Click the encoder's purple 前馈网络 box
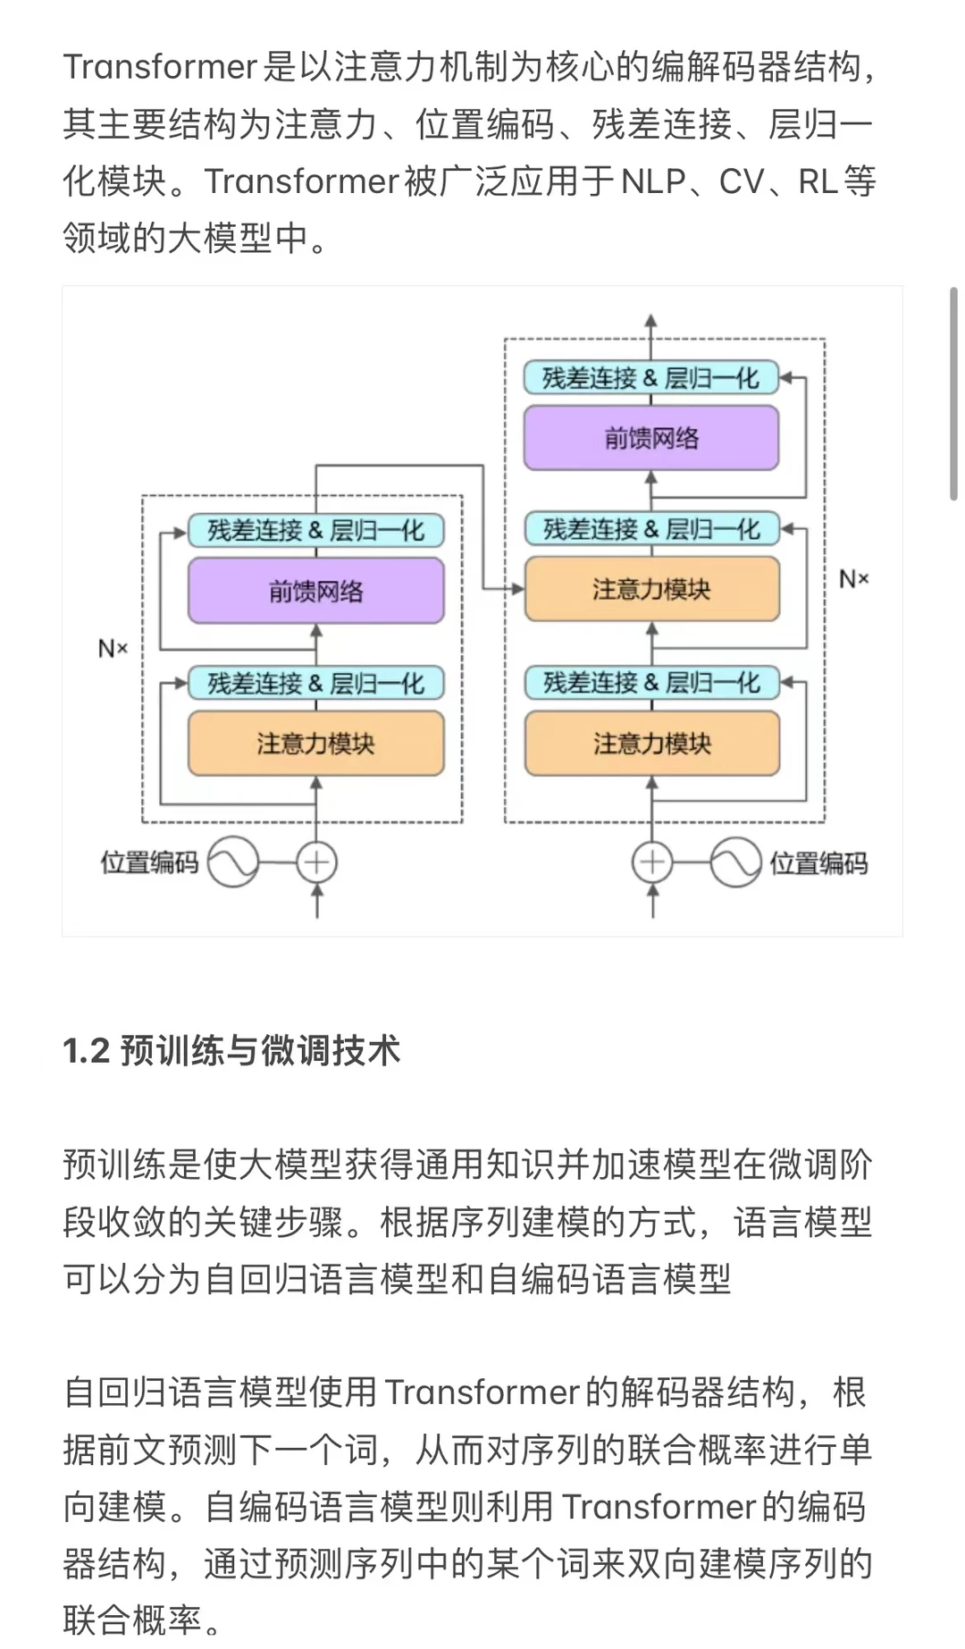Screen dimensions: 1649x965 (x=315, y=591)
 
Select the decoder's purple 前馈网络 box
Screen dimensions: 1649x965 (x=651, y=438)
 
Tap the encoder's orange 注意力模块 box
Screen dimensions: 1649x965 (x=315, y=743)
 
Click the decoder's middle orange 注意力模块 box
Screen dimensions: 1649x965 (x=651, y=589)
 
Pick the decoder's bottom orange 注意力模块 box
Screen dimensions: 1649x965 (x=651, y=743)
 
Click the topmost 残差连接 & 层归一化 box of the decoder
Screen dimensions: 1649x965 (x=651, y=378)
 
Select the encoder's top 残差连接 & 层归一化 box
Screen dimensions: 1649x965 (x=315, y=530)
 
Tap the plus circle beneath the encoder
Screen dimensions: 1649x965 (x=316, y=862)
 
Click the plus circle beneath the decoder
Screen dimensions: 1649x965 (x=652, y=862)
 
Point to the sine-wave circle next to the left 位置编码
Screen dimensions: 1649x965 (x=233, y=862)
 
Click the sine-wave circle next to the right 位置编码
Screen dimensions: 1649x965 (x=735, y=862)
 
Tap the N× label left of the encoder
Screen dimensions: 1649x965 (x=113, y=648)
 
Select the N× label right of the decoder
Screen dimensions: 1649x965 (x=853, y=579)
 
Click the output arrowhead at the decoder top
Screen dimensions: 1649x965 (x=651, y=321)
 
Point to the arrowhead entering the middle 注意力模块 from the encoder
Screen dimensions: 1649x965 (x=517, y=588)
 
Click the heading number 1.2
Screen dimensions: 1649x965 (x=86, y=1051)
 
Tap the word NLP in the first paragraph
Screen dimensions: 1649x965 (x=653, y=181)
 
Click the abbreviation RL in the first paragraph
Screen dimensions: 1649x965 (x=818, y=181)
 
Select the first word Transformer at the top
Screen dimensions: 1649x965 (x=160, y=67)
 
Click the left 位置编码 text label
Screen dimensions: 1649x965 (x=149, y=862)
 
